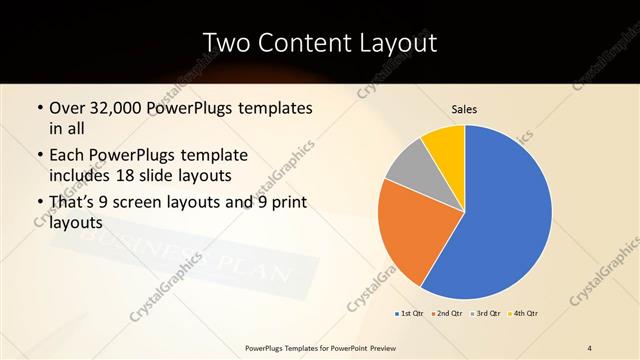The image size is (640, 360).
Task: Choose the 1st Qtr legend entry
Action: click(409, 314)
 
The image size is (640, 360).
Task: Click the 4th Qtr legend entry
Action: click(526, 314)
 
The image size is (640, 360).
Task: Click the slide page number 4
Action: click(590, 347)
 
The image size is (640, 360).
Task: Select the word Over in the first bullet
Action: click(67, 107)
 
